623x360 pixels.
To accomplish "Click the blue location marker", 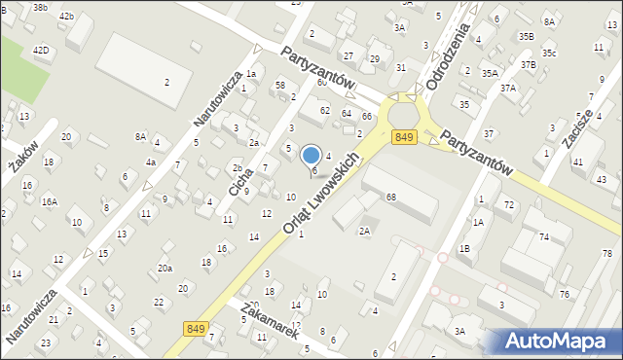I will (311, 156).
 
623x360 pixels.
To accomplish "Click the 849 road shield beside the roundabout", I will (406, 138).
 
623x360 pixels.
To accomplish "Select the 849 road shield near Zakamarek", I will (193, 330).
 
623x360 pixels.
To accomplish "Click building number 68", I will (391, 198).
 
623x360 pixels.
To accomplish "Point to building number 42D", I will (41, 50).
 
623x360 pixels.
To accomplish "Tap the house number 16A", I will (49, 201).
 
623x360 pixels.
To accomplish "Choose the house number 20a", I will (165, 269).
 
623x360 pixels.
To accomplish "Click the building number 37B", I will (529, 64).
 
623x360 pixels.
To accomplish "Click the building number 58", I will (279, 86).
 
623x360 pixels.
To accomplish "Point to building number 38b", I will (40, 7).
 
